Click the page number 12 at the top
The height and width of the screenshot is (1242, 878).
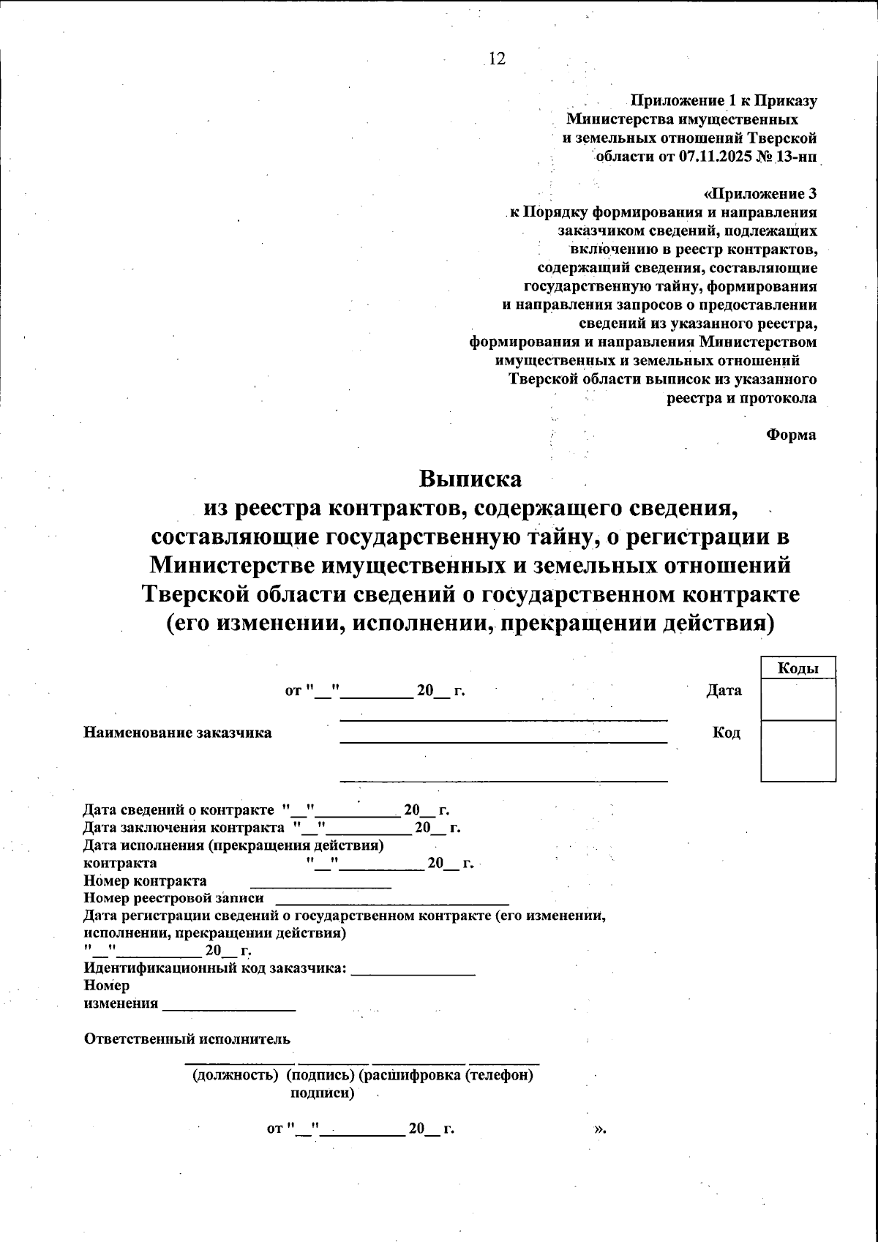[x=496, y=59]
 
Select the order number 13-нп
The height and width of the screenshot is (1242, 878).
[x=795, y=156]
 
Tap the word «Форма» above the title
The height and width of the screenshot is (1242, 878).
[x=791, y=435]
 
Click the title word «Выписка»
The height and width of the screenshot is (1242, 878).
[x=470, y=479]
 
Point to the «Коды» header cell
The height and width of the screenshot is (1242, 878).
[x=798, y=668]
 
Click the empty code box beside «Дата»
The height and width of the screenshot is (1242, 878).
[x=798, y=700]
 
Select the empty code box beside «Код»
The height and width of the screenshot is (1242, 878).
[x=798, y=750]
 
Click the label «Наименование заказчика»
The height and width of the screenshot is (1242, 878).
[x=178, y=733]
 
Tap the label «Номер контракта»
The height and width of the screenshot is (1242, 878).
[x=145, y=880]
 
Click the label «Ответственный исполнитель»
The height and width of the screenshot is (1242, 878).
[x=187, y=1039]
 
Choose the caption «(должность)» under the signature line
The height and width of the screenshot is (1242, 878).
[x=235, y=1075]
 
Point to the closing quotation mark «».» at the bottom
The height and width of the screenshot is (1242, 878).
[x=600, y=1128]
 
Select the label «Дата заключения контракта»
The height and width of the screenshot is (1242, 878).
[x=183, y=828]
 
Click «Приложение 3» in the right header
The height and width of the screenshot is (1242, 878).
[x=761, y=194]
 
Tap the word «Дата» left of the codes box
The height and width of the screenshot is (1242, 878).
[x=724, y=690]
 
